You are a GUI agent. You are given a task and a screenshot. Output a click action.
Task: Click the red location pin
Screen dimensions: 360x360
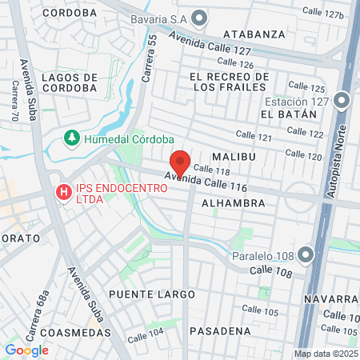[x=180, y=163]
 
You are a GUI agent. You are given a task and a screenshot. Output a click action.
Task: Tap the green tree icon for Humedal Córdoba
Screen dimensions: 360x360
[x=72, y=138]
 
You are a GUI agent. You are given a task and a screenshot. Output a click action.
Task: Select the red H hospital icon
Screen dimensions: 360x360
[x=62, y=193]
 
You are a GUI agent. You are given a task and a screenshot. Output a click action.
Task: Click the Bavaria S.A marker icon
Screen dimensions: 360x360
[x=199, y=18]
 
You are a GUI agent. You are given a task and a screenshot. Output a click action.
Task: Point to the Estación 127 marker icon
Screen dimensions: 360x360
[x=342, y=101]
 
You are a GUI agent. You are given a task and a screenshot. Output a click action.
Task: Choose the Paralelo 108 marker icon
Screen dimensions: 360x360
[x=306, y=256]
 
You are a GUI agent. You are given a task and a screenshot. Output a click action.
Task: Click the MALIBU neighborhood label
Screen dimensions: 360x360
[x=233, y=157]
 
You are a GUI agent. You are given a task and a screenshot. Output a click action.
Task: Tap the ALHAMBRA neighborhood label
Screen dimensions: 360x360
[x=233, y=203]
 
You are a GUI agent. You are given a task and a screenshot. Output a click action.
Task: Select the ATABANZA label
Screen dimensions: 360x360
[x=254, y=34]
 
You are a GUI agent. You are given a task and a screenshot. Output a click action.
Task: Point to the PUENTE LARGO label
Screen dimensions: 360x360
[x=152, y=294]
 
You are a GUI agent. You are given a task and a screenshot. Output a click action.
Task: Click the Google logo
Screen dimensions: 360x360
[x=26, y=350]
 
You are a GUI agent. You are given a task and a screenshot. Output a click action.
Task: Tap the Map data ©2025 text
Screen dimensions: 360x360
[x=325, y=354]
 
